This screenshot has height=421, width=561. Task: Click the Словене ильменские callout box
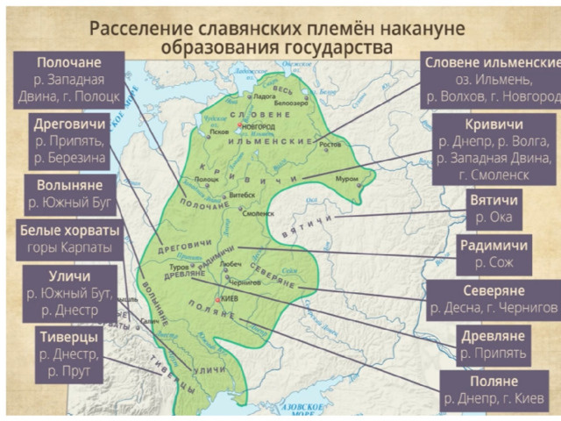[491, 80]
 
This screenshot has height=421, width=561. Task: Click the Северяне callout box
[493, 299]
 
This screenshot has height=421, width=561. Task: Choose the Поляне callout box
[493, 391]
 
